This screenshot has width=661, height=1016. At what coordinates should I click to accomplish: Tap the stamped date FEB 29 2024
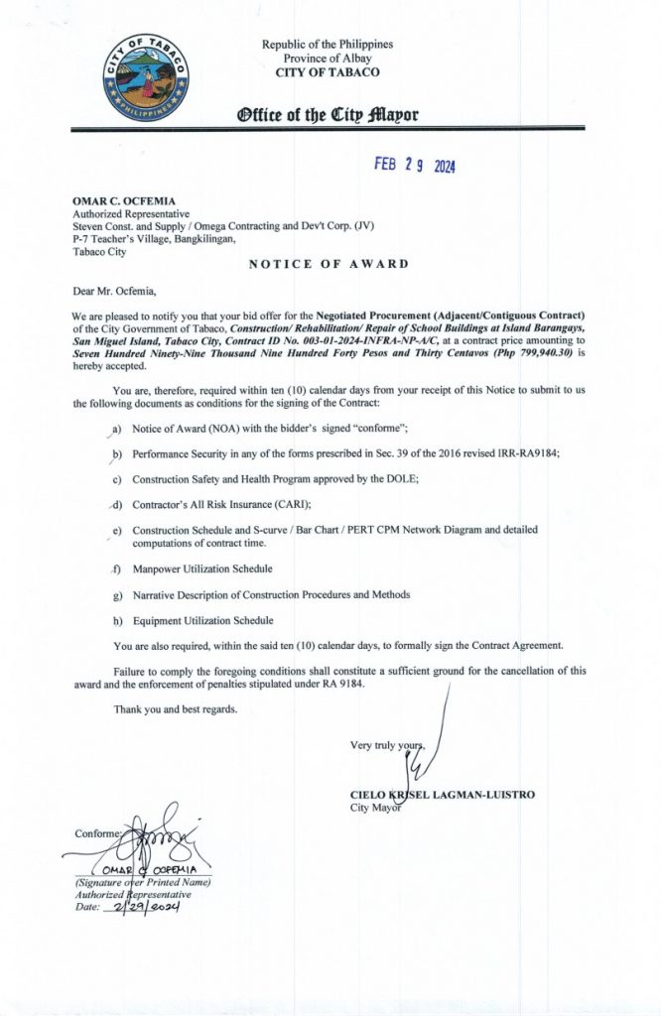(415, 166)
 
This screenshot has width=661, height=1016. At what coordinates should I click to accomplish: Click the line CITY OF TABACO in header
(327, 72)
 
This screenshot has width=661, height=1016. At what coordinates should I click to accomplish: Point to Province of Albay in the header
(327, 59)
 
